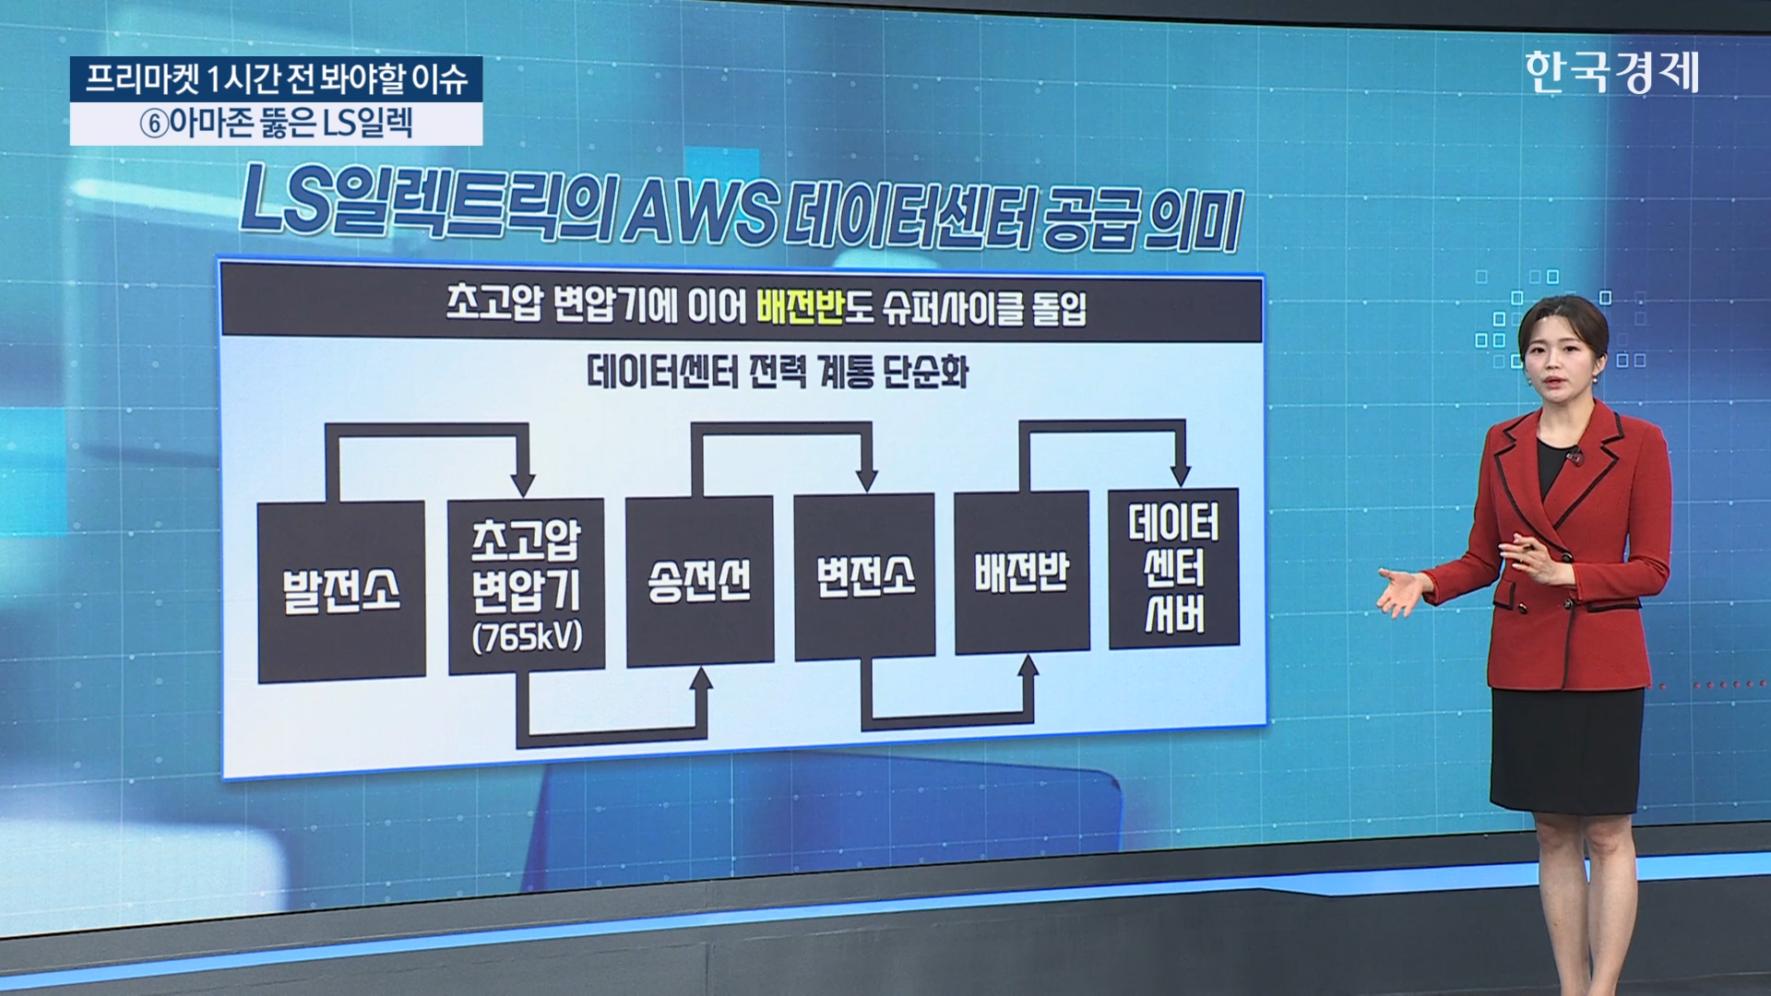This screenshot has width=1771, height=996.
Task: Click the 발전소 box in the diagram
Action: click(x=341, y=590)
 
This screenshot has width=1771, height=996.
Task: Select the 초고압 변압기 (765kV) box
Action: click(x=526, y=586)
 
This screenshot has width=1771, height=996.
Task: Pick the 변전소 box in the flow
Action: click(x=864, y=577)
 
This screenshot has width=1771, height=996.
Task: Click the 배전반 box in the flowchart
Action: click(x=1021, y=573)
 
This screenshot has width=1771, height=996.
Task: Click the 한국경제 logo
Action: click(x=1611, y=72)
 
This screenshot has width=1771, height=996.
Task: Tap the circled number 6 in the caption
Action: click(x=154, y=125)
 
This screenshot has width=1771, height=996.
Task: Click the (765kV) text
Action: click(x=527, y=637)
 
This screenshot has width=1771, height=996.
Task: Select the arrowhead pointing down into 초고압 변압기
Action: click(x=523, y=483)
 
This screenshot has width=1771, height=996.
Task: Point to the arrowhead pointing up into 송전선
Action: click(x=701, y=681)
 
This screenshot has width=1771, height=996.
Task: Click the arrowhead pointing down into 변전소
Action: click(x=866, y=480)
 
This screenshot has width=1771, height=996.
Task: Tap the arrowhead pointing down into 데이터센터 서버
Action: click(x=1180, y=474)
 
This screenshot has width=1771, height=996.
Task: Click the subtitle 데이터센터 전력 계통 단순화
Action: click(x=777, y=373)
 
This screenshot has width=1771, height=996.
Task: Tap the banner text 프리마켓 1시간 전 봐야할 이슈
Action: click(x=276, y=79)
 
